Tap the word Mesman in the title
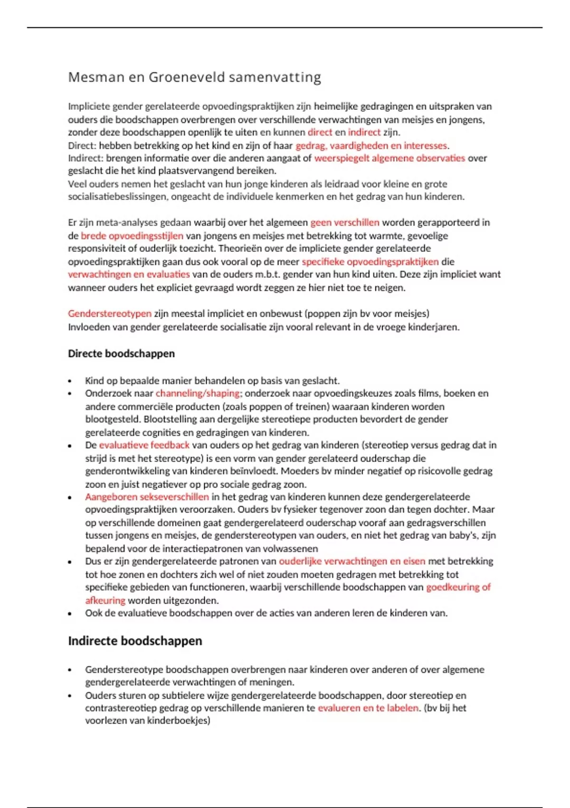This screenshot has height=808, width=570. point(95,77)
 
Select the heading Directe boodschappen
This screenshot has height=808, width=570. point(121,354)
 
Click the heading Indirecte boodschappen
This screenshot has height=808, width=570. point(135,641)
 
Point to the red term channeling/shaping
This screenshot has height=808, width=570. point(198,393)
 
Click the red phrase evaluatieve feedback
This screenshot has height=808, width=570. point(144,445)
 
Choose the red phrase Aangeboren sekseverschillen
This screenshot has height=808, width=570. point(147,497)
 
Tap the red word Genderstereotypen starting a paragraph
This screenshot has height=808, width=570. point(109,314)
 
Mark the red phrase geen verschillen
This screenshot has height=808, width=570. point(345,222)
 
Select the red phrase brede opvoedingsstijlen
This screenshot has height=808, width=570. point(132,236)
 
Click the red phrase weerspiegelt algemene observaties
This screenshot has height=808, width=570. point(389,158)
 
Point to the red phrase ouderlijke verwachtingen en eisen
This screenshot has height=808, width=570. point(352,561)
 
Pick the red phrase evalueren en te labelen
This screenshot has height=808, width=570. point(368,708)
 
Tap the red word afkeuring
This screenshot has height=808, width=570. point(105,600)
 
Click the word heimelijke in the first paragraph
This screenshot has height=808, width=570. point(335,106)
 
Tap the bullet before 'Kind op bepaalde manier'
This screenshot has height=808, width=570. point(70,381)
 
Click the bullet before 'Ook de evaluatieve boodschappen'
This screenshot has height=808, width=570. point(70,614)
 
